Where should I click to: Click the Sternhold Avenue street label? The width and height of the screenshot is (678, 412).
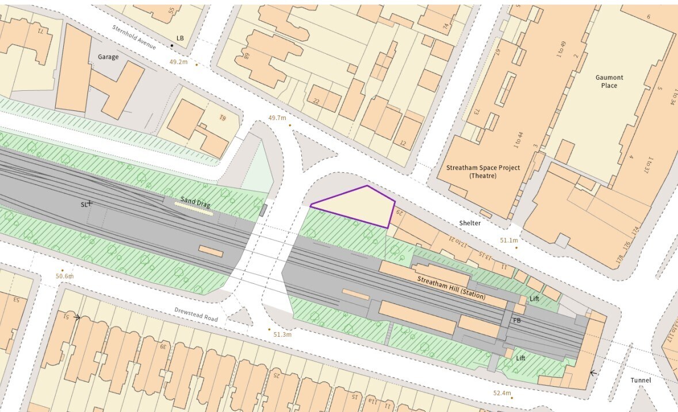(134, 37)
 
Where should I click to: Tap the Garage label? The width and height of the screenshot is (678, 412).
(108, 57)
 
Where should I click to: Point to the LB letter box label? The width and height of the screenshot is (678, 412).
(180, 38)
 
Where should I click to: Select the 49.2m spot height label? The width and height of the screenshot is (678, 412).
(178, 62)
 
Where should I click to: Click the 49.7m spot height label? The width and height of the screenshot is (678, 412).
(277, 118)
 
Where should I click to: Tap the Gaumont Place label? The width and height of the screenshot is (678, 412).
(609, 82)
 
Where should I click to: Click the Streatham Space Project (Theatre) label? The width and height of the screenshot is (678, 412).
(483, 171)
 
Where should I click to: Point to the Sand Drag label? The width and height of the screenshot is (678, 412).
(196, 202)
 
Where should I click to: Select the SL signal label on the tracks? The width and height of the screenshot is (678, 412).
(85, 204)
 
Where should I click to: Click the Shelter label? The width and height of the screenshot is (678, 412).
(470, 222)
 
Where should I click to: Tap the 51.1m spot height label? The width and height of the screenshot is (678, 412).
(509, 240)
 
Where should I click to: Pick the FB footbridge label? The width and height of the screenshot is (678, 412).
(517, 320)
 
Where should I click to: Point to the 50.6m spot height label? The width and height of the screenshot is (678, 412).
(65, 276)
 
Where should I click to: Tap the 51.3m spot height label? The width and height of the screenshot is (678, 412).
(282, 334)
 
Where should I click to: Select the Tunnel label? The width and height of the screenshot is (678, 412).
(641, 380)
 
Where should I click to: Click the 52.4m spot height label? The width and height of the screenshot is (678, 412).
(501, 393)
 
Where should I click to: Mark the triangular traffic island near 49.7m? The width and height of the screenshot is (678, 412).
(312, 151)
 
